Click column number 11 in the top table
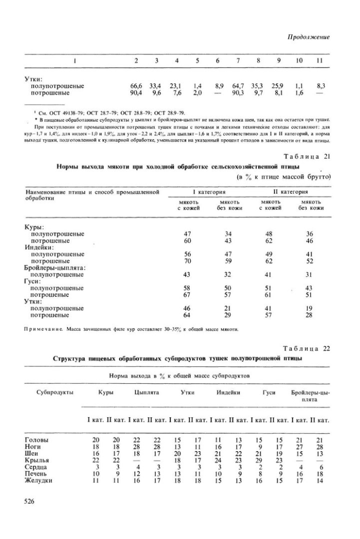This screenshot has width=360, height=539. pos(319,61)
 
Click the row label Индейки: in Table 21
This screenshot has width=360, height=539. pos(40,247)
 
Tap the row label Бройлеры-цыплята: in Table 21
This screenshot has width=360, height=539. pos(55,267)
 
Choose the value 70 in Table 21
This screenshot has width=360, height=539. pos(187,261)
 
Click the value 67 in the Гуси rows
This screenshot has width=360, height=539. pos(187,294)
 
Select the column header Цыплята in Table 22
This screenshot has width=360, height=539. pos(146,393)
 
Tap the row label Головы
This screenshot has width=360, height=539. pos(37,440)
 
